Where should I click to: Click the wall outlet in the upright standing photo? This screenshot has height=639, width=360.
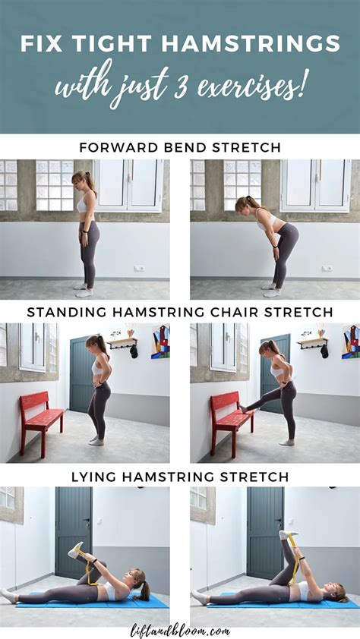[139, 268]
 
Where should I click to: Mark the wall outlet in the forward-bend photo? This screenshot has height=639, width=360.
[326, 268]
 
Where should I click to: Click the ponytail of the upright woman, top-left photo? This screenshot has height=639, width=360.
[93, 183]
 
